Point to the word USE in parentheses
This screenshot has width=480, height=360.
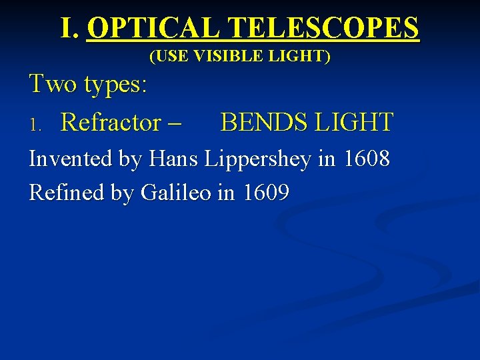[171, 57]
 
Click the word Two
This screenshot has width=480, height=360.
[53, 85]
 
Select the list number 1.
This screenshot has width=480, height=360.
[37, 124]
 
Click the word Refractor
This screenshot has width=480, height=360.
[111, 123]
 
